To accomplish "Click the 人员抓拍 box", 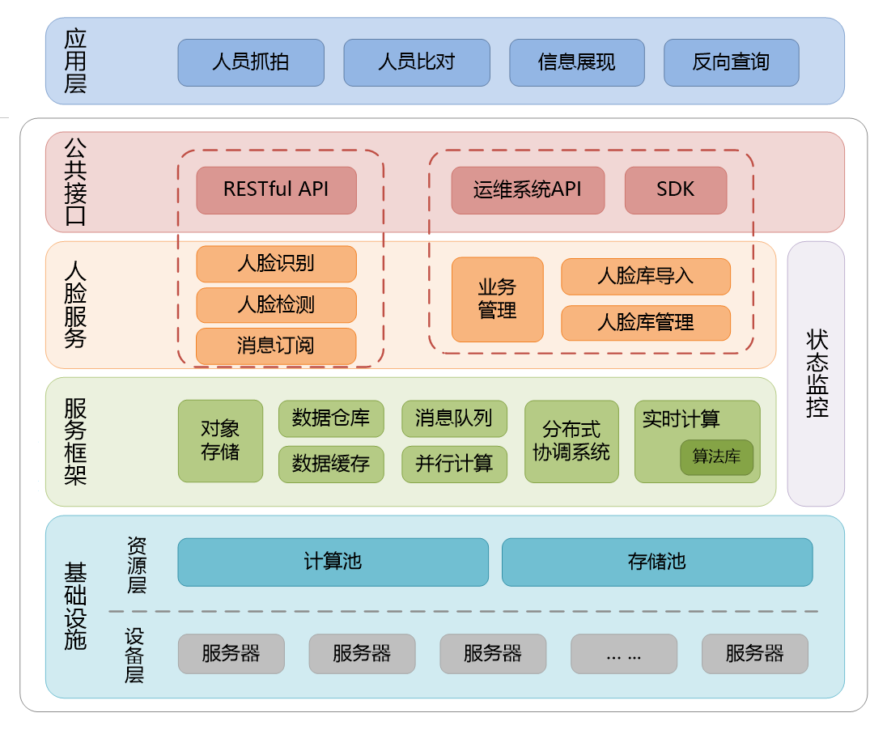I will [251, 62].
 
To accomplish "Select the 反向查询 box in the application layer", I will [731, 62].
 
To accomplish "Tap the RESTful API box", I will [276, 190].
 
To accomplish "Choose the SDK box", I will [675, 190].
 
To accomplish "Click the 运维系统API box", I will [528, 190].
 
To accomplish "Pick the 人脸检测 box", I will [276, 305].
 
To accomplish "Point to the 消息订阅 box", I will [276, 346].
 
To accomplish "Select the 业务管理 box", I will [497, 299].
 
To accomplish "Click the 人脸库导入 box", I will [645, 277].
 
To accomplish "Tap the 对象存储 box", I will [220, 440].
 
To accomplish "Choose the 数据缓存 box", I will [331, 464].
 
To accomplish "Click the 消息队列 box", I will [454, 418].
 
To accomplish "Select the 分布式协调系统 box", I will [571, 441].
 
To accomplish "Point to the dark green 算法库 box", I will [716, 457].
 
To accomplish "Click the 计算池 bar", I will [333, 562].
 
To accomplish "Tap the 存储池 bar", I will [656, 562].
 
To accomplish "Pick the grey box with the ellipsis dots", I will [623, 654].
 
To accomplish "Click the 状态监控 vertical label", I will [816, 373].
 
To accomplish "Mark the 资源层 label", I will [137, 564].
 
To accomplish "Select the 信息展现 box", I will [577, 62].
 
